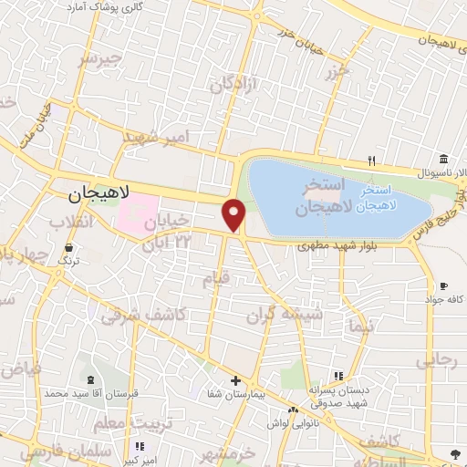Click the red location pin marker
(234, 215)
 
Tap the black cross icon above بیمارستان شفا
(235, 380)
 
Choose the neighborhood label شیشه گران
(282, 315)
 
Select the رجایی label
(436, 361)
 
